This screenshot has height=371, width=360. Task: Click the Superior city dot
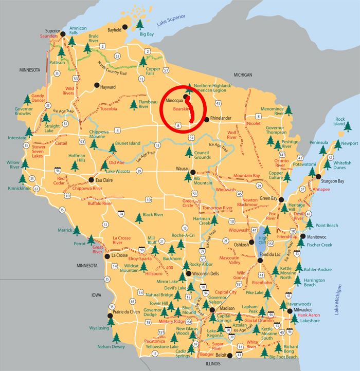[63, 34]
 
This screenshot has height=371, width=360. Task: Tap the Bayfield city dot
[124, 27]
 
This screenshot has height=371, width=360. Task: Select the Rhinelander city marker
[207, 119]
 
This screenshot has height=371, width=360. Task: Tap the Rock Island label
[340, 121]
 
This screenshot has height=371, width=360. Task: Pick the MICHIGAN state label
[243, 75]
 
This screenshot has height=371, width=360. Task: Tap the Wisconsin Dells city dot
[188, 273]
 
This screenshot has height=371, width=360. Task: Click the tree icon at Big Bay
[140, 25]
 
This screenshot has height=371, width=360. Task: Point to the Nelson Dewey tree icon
[116, 338]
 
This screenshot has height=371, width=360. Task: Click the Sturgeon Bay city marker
[317, 181]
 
